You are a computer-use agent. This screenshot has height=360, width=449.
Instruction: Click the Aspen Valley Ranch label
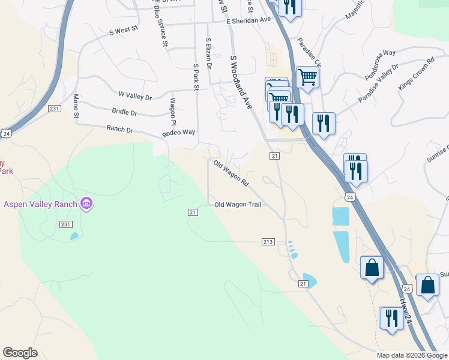point(41,204)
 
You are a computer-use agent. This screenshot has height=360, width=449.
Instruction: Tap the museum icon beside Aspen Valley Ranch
point(86,204)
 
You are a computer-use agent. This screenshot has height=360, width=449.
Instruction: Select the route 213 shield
point(268,242)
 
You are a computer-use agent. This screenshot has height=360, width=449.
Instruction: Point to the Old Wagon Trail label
point(238,205)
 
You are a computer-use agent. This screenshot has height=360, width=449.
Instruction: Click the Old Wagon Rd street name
point(231,171)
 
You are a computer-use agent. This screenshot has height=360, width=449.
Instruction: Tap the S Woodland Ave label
point(241,82)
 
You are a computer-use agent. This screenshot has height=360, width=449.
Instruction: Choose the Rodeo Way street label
point(179,133)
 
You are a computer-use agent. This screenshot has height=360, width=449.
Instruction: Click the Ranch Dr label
point(119,128)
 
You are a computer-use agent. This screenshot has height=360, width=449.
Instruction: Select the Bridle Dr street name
point(124,112)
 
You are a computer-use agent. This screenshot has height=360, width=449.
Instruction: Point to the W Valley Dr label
point(135,95)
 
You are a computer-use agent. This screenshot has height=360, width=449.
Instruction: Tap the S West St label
point(124,30)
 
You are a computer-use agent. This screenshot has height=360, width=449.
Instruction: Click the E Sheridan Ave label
point(249,20)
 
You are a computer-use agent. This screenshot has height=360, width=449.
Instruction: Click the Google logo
point(20,353)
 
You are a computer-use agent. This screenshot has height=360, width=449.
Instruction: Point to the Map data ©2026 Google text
point(411,355)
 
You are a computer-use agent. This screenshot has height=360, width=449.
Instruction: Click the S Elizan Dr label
point(208,54)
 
